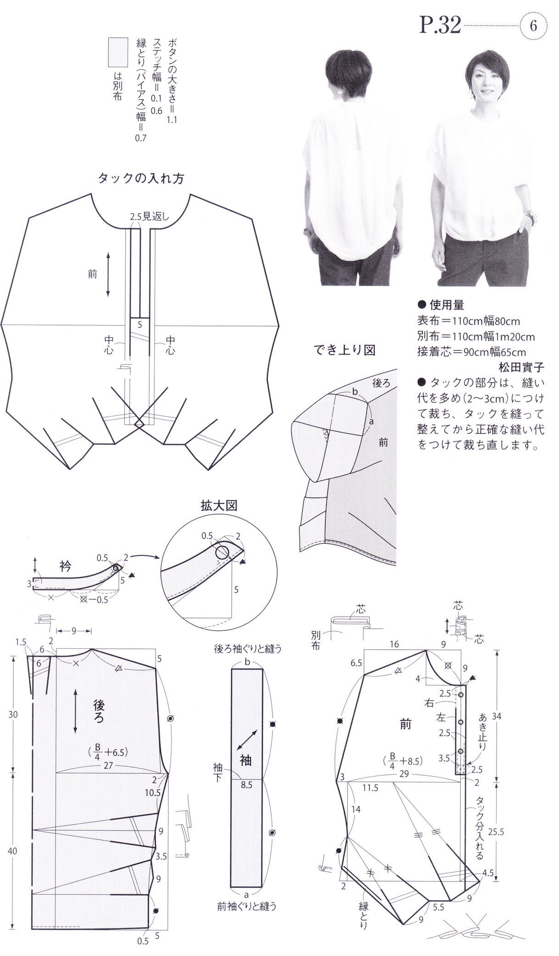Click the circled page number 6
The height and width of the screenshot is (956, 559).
pos(533,26)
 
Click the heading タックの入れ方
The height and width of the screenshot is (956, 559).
pos(141,179)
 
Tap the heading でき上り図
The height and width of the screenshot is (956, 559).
pos(345,351)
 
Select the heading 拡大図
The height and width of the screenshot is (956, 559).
pos(218,506)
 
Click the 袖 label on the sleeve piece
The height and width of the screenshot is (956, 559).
pos(246,760)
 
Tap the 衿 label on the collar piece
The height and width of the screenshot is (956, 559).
pos(66,566)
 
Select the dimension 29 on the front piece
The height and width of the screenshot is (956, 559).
pos(404,774)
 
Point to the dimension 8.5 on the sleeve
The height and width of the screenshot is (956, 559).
pos(246,785)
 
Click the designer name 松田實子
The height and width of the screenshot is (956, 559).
pos(521,367)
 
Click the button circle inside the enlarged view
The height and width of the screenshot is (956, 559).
pos(223,551)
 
